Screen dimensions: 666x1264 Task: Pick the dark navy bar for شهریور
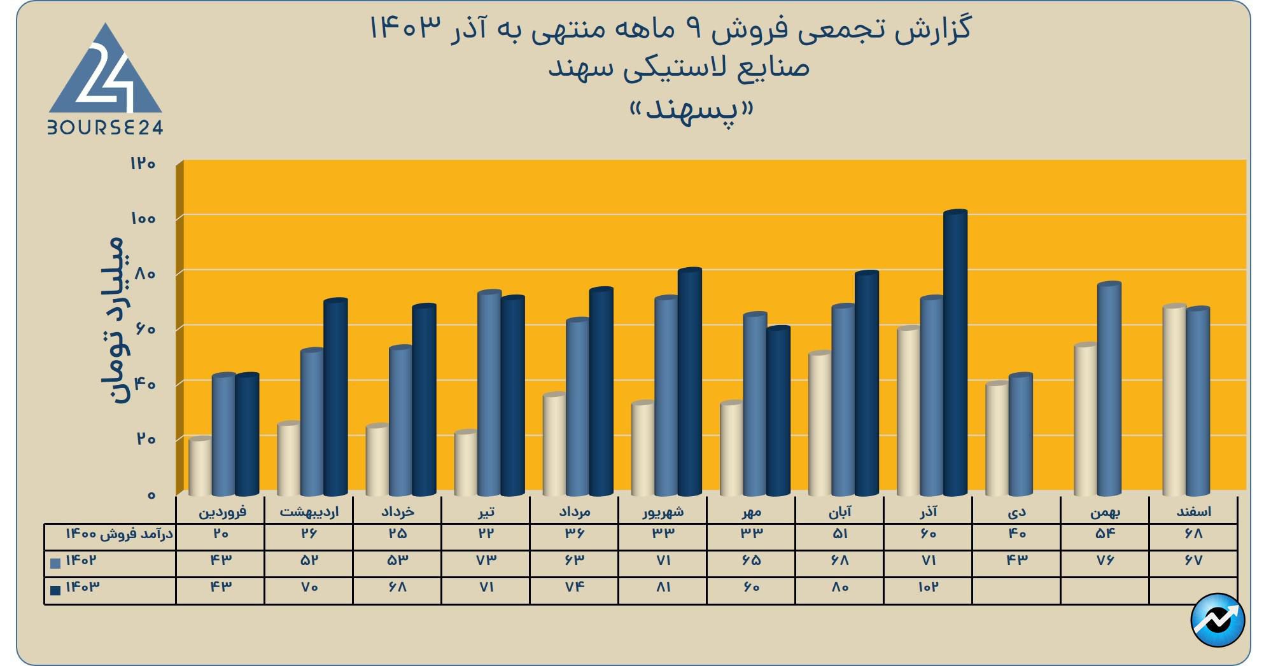coord(689,382)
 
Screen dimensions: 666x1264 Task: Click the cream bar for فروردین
coord(200,467)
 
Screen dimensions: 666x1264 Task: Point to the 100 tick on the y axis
coord(143,218)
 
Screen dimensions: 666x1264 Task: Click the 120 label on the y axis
coord(143,163)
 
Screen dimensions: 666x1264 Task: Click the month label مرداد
coord(574,511)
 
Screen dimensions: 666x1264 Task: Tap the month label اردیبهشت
coord(309,511)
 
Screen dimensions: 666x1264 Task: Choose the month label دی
coord(1017,511)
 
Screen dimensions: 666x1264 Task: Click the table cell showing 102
coord(928,587)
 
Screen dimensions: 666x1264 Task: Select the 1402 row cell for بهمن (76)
coord(1106,560)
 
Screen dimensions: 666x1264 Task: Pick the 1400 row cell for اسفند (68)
coord(1194,534)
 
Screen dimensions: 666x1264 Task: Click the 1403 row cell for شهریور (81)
coord(663,587)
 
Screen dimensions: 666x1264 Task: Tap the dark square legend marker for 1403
coord(55,590)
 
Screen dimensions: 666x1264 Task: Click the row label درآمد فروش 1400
coord(120,534)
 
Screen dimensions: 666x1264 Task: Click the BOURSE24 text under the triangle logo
coord(105,128)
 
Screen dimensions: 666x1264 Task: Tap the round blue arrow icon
coord(1218,620)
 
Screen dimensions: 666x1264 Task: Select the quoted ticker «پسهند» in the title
coord(691,110)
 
